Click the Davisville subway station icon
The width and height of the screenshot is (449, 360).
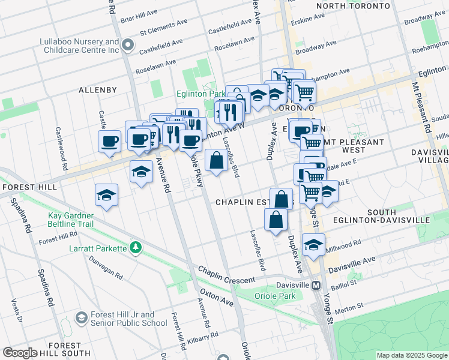point(316,285)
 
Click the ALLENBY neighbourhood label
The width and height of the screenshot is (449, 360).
point(98,90)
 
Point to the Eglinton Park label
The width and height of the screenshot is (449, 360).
point(200,94)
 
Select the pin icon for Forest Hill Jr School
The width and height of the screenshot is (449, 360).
point(80,317)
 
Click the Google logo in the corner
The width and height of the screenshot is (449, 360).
point(19,353)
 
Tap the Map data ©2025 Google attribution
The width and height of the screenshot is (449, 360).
point(411,355)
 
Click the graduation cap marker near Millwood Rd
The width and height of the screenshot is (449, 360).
point(313,244)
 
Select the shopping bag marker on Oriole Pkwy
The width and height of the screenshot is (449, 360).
point(216,161)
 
